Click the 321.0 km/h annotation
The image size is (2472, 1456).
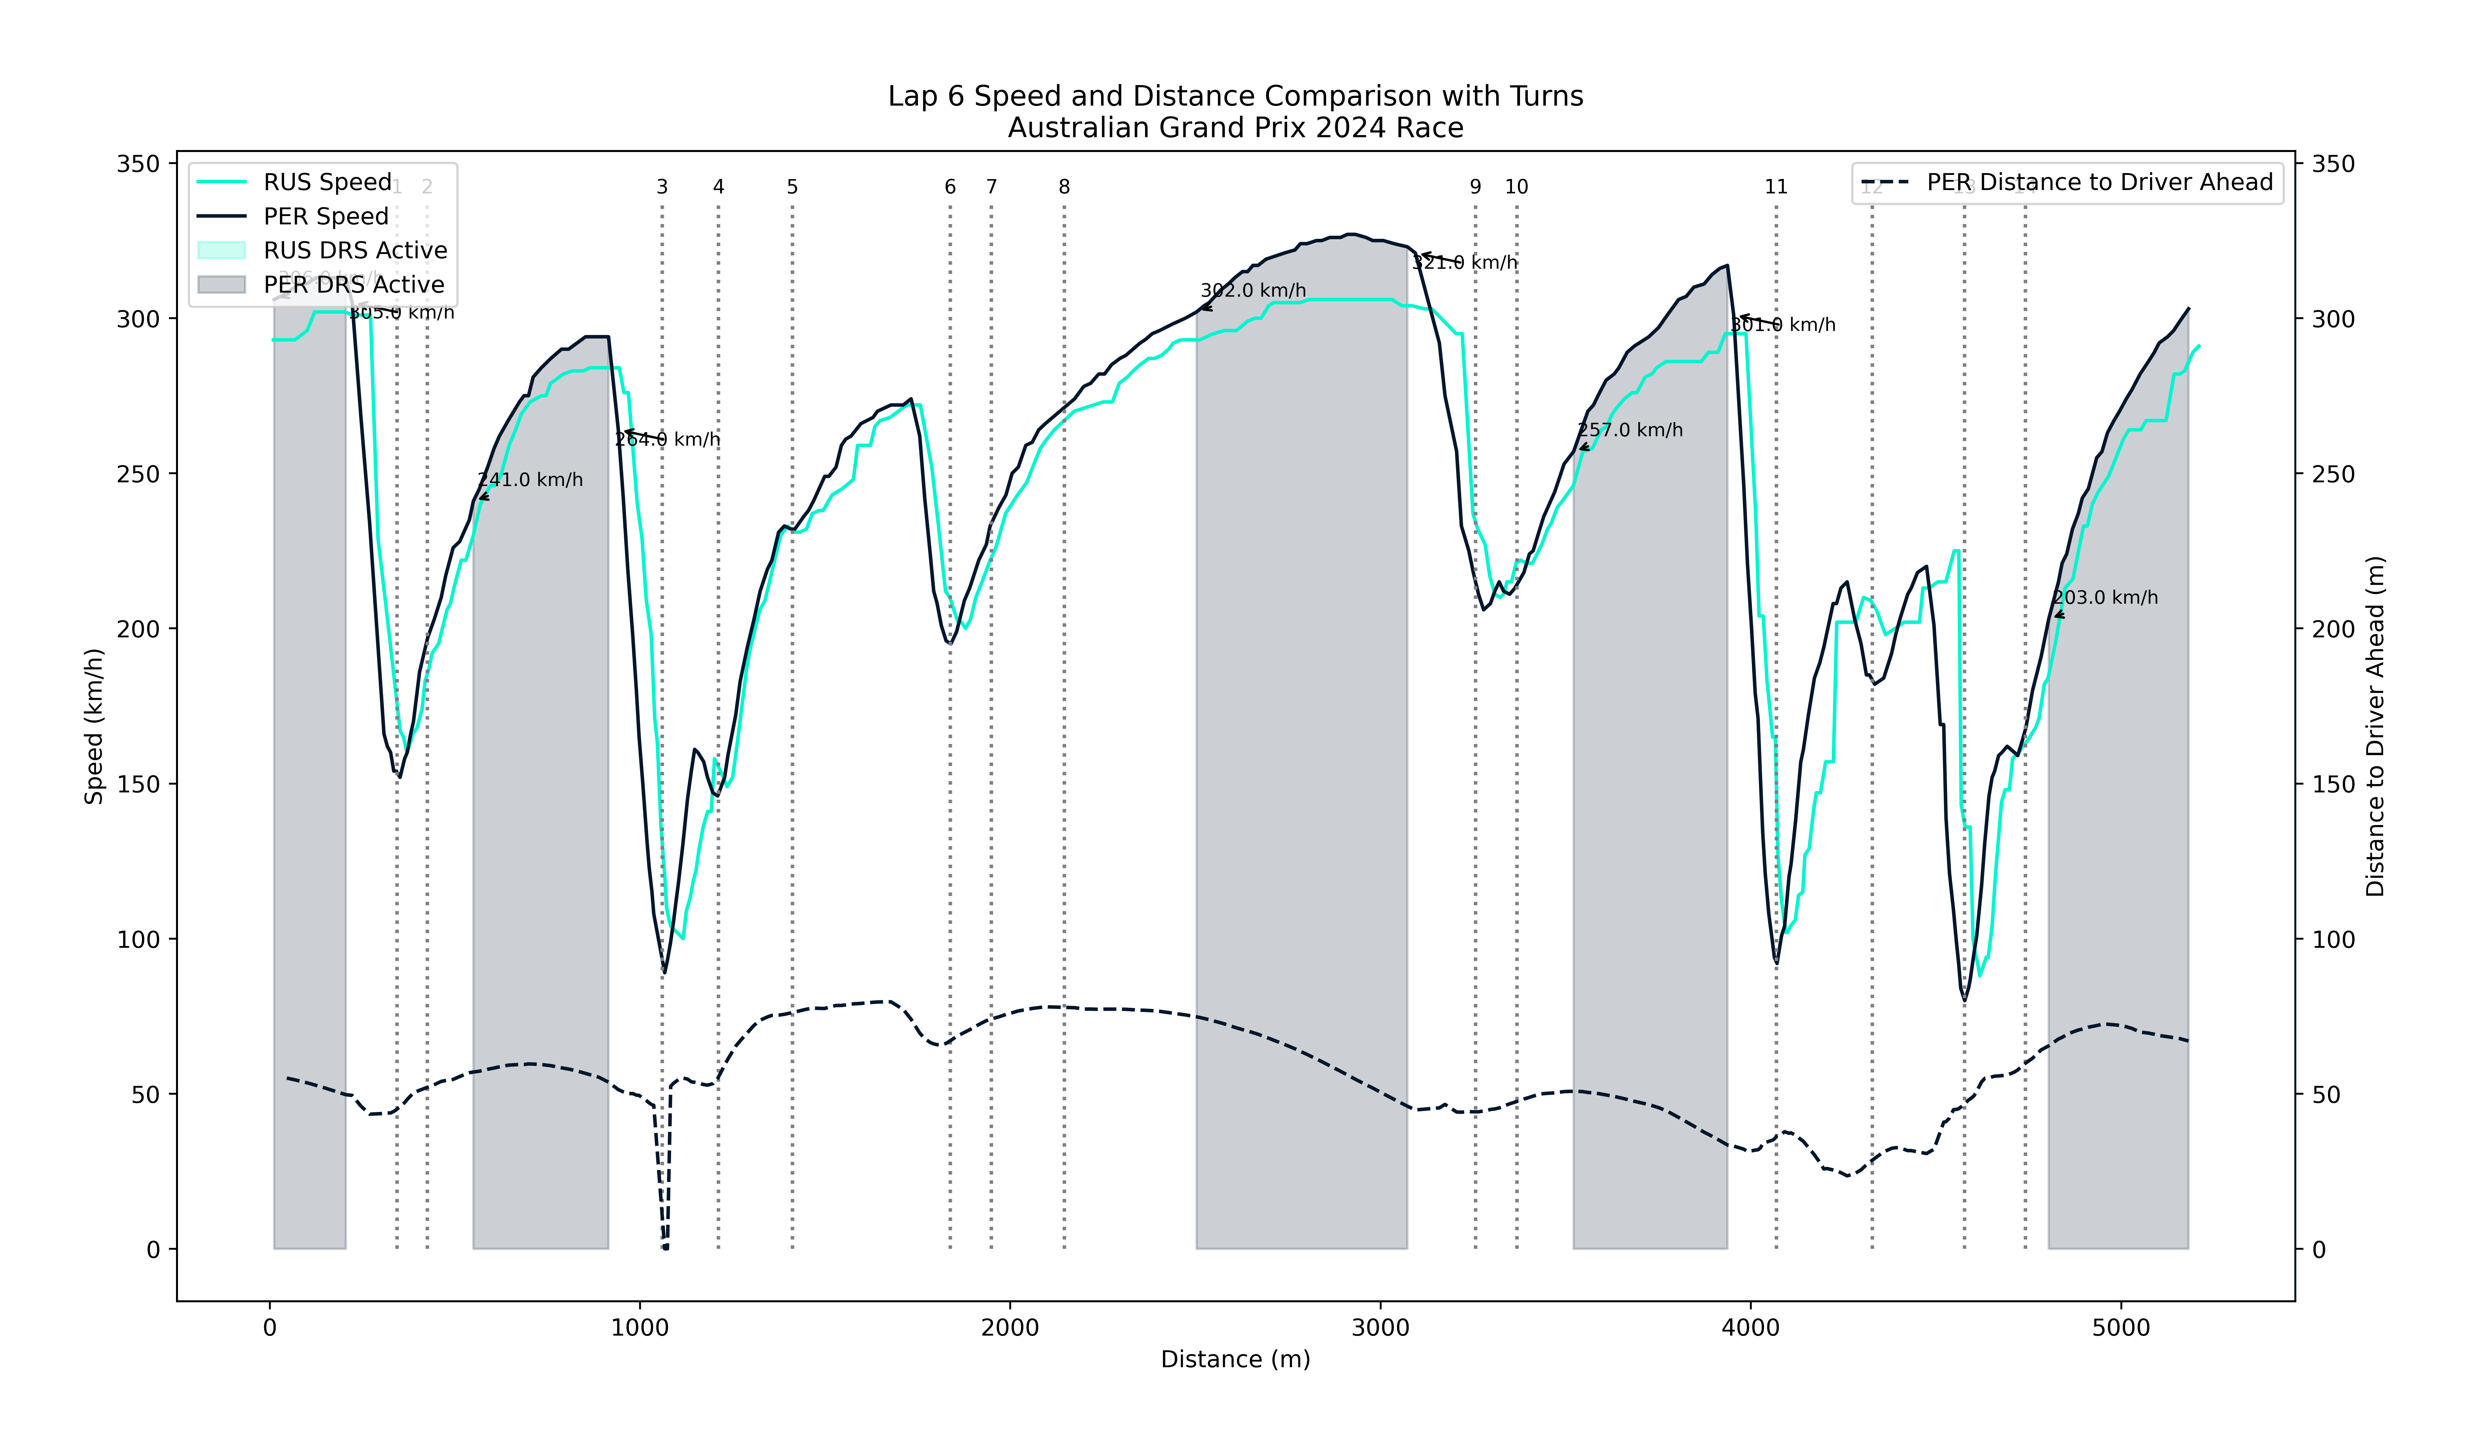tap(1464, 263)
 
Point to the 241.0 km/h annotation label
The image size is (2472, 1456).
tap(530, 480)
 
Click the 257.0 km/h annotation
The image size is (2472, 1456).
tap(1630, 430)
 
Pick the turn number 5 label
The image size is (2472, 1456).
tap(792, 186)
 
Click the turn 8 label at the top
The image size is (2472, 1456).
tap(1064, 186)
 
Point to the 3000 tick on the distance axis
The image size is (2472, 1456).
tap(1380, 1329)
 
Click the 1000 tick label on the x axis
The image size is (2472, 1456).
tap(640, 1329)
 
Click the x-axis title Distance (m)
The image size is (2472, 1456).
tap(1235, 1359)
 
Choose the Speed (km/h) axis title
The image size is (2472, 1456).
tap(94, 726)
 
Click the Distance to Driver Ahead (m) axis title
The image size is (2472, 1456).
tap(2375, 726)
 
